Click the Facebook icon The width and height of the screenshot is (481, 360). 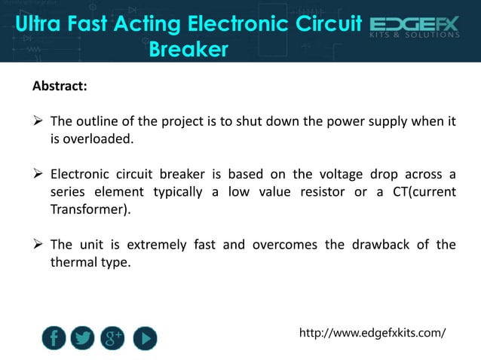[x=54, y=337]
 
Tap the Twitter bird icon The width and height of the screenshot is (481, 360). [x=84, y=337]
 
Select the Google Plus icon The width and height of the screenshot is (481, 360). [x=114, y=337]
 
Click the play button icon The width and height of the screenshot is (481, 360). [x=145, y=337]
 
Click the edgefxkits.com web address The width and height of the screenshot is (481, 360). [x=372, y=332]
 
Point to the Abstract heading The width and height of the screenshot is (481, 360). [x=60, y=86]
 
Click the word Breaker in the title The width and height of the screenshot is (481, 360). [x=188, y=50]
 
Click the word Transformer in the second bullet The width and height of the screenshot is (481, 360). [x=87, y=209]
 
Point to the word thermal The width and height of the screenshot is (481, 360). [x=72, y=262]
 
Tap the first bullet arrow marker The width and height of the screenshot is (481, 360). [x=38, y=121]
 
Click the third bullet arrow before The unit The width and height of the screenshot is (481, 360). [x=38, y=245]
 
